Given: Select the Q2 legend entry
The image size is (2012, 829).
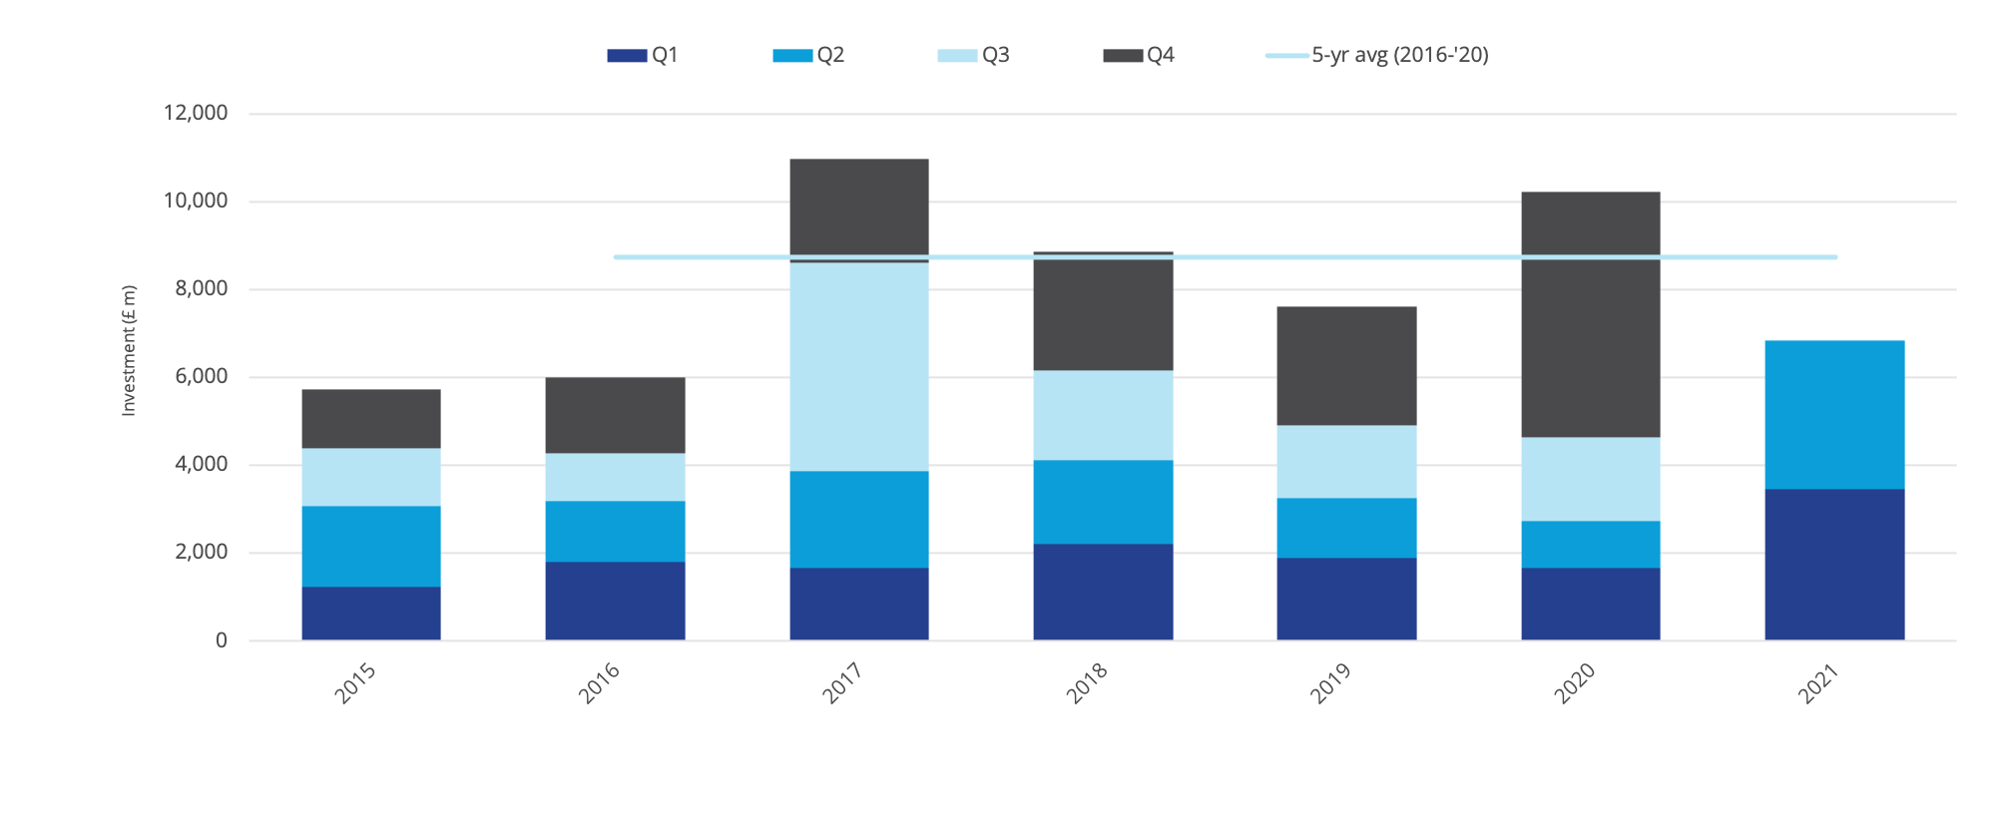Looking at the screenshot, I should coord(809,55).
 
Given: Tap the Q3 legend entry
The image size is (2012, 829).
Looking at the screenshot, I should coord(974,55).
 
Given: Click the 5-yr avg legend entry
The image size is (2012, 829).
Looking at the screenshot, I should coord(1378,55).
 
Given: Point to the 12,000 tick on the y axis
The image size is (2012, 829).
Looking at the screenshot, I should coord(196,113).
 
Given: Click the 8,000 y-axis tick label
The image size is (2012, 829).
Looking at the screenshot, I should coord(202,289).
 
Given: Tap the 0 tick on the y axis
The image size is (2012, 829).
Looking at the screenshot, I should coord(221,640).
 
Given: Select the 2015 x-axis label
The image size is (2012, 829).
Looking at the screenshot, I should coord(355,683).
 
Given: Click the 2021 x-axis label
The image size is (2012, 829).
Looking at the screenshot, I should coord(1818,683).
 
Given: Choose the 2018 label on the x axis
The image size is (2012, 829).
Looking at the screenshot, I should coord(1087,683).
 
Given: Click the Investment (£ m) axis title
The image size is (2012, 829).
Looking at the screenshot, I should coord(129,351).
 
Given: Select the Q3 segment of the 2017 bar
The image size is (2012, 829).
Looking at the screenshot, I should coord(858,366).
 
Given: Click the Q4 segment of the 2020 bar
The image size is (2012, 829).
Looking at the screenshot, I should coord(1590,314).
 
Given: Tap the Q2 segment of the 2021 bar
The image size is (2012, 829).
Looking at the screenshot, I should coord(1834,414).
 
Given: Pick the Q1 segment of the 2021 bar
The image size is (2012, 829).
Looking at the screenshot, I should coord(1834,564).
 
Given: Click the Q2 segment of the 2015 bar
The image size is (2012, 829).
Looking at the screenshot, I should coord(371,546).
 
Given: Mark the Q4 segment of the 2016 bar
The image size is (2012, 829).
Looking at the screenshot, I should coord(615,415).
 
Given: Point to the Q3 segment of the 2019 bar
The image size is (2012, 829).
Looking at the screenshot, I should coord(1346,461).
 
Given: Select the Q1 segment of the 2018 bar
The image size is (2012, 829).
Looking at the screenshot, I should coord(1103,592).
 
